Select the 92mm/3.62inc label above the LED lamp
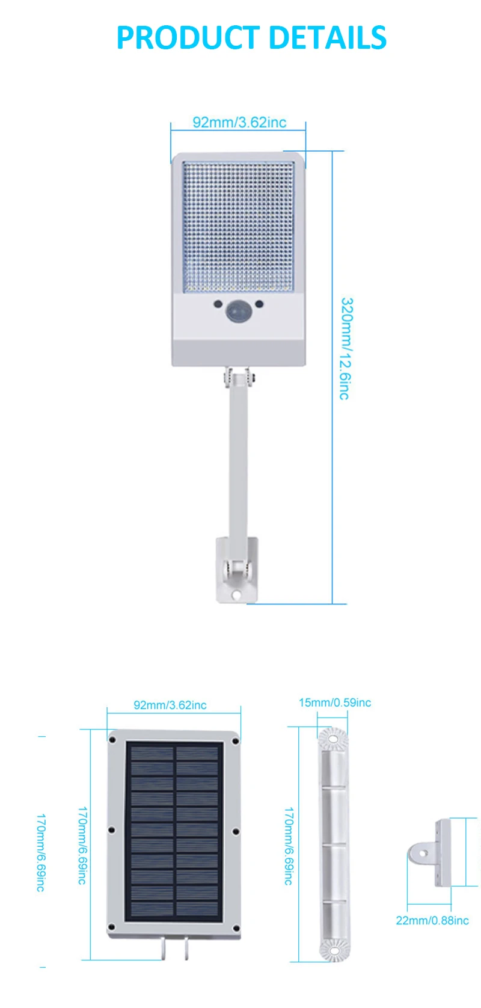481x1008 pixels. [239, 122]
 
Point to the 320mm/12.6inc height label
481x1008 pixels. [345, 348]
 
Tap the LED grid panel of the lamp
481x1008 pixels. [238, 227]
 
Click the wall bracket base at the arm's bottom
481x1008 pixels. [237, 569]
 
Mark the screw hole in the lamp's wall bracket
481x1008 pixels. [236, 595]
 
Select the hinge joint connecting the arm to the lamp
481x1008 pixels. [239, 378]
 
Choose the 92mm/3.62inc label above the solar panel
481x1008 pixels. [170, 705]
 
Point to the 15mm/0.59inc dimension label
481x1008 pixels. [335, 702]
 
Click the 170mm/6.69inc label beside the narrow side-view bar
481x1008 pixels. [289, 846]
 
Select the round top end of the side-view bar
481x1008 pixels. [332, 739]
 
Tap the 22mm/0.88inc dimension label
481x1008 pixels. [432, 920]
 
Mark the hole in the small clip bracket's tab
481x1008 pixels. [423, 853]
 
